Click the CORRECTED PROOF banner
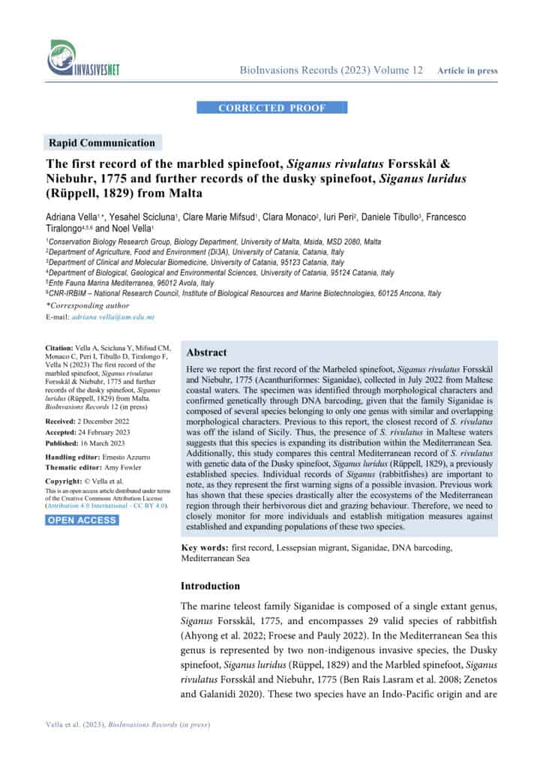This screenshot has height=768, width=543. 271,108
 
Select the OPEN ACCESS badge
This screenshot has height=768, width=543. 82,499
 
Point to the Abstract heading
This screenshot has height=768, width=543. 206,352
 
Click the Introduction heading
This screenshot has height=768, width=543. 211,586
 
